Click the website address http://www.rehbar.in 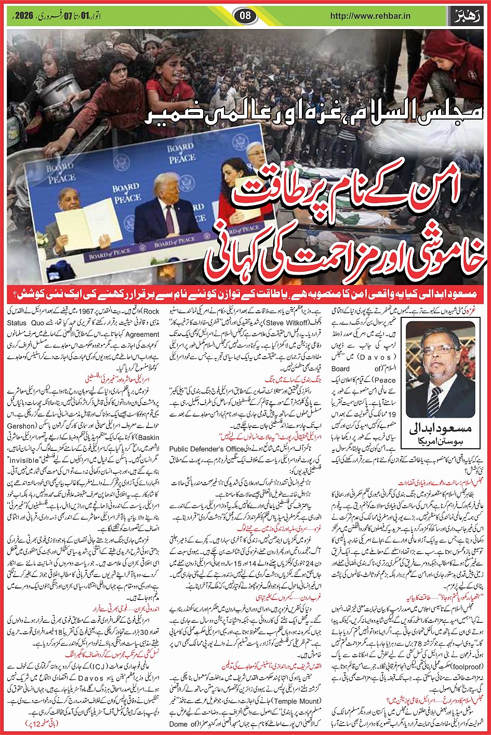pos(370,16)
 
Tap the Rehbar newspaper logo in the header pos(467,16)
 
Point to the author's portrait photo pos(441,368)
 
